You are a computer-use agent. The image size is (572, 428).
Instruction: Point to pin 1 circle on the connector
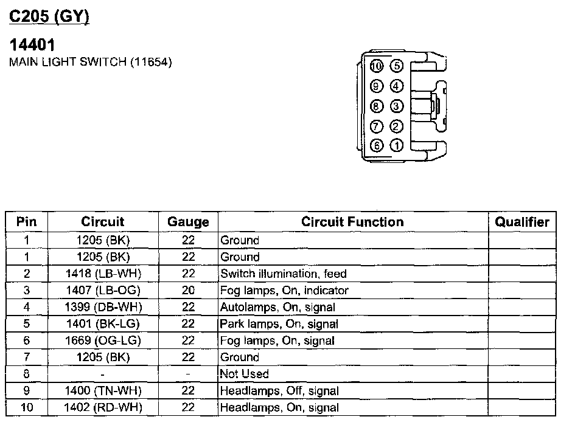click(x=396, y=146)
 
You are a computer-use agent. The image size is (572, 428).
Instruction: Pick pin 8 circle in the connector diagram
click(x=376, y=106)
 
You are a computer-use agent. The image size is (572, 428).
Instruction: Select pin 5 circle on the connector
click(x=396, y=66)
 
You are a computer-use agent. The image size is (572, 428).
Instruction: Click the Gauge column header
click(x=188, y=222)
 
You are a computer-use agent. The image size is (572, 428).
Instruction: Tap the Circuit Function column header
click(x=352, y=222)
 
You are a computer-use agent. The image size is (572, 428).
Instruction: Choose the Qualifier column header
click(x=521, y=222)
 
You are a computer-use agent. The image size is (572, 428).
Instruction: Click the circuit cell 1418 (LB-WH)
click(x=103, y=274)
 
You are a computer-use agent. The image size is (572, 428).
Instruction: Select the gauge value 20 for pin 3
click(x=188, y=291)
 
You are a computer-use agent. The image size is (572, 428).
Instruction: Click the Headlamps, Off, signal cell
click(x=279, y=391)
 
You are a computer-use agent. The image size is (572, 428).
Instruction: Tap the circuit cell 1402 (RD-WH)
click(x=103, y=407)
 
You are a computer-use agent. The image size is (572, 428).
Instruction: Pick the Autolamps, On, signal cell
click(x=277, y=307)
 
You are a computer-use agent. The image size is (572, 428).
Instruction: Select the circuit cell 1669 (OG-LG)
click(x=103, y=340)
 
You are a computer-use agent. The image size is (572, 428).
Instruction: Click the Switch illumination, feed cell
click(x=284, y=274)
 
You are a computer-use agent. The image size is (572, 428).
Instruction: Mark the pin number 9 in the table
click(x=27, y=391)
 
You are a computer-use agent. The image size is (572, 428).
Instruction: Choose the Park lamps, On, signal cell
click(x=279, y=324)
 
